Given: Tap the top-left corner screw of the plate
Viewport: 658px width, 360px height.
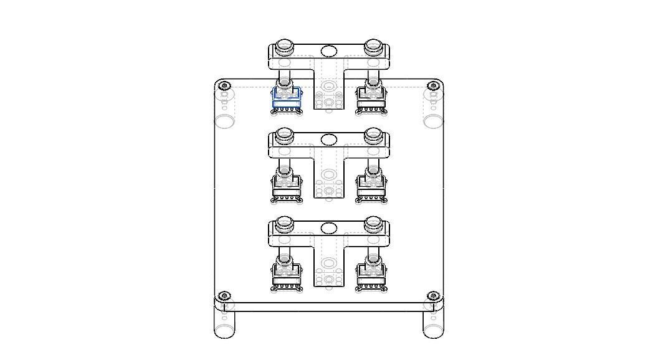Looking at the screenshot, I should coord(226,86).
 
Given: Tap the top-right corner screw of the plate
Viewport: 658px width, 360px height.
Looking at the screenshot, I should coord(432,86).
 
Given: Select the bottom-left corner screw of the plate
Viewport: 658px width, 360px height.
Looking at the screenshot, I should coord(226,295).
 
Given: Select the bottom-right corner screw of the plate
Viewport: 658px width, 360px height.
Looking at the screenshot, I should coord(432,295).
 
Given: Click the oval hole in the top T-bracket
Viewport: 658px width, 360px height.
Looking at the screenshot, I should coord(329,51).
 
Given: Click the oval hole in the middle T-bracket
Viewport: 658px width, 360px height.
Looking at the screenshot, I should coord(329,140).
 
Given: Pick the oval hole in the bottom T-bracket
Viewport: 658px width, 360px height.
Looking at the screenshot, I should coord(329,228).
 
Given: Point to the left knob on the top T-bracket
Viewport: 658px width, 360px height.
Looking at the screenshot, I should coord(285,45).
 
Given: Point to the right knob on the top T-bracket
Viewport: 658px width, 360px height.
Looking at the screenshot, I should coord(373,45).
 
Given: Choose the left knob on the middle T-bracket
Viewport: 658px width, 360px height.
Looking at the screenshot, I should coord(285,134).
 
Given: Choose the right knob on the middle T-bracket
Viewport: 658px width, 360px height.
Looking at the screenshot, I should coord(373,134).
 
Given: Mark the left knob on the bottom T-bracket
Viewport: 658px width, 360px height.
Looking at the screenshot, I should coord(285,222).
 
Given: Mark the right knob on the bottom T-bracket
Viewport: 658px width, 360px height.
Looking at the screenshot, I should coord(373,222).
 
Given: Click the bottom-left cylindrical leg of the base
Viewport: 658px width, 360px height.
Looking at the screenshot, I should coord(225,324).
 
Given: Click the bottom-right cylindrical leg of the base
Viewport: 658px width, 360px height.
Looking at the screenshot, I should coord(433,324).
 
